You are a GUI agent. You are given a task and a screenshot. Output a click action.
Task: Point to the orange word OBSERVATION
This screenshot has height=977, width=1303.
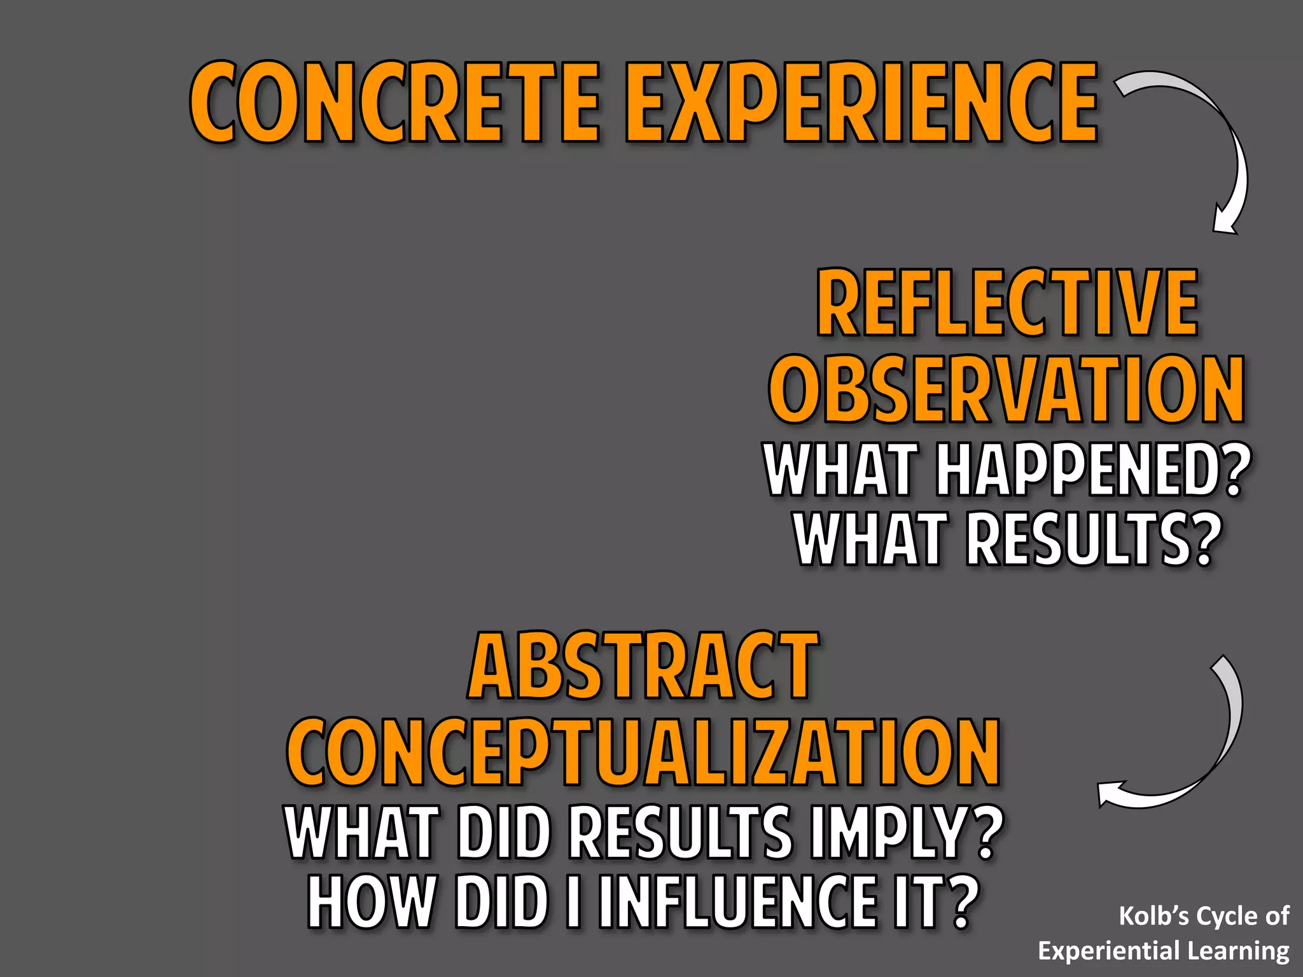(1007, 389)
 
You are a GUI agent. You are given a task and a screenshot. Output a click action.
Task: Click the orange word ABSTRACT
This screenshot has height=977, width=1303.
(643, 666)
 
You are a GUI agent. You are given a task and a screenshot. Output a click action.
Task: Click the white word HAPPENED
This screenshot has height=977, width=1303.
(1075, 471)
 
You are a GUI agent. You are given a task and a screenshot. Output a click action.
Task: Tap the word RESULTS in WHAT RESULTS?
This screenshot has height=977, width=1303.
(1075, 540)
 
